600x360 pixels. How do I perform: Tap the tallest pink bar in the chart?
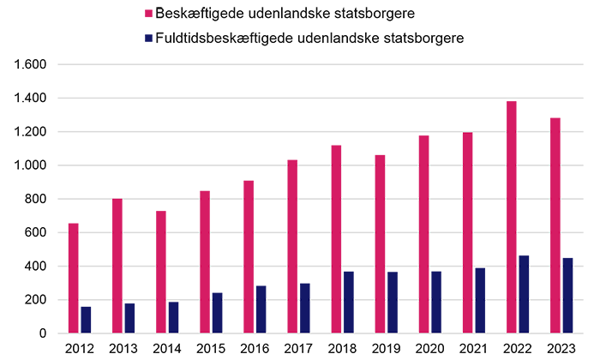point(511,214)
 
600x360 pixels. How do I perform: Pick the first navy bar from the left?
point(90,317)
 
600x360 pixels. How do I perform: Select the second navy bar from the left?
point(134,317)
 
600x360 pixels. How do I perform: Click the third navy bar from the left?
point(177,316)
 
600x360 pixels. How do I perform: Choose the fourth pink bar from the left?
point(204,257)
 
